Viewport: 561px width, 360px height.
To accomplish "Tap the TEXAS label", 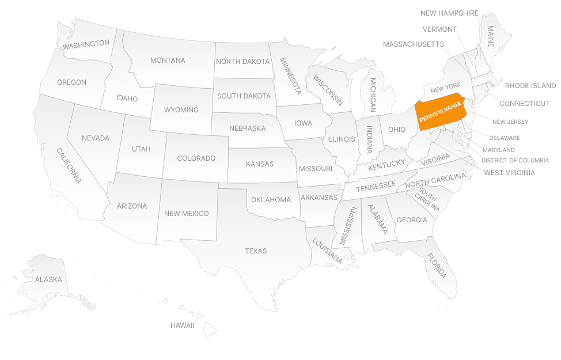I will pos(256,251).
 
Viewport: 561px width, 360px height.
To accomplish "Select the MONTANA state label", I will pos(168,60).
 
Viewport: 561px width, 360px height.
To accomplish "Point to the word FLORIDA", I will pos(437,266).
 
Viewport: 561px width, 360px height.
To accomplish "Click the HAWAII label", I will pos(182,325).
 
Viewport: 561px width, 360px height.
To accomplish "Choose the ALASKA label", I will pos(48,279).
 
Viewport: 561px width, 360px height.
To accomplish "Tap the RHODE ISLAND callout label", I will pos(530,86).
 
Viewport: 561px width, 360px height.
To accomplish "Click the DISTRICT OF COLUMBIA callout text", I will pos(515,161).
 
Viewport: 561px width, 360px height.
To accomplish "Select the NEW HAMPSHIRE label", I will pos(449,13).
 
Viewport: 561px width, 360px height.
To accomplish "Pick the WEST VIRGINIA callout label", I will pos(509,173).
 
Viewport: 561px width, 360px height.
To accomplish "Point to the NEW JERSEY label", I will pos(510,122).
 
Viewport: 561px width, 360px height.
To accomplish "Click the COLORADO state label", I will pos(196,158).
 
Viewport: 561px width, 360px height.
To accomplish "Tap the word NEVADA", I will pos(96,138).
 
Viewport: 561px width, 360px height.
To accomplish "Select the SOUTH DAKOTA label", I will pos(244,96).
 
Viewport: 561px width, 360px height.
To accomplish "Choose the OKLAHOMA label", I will pos(271,200).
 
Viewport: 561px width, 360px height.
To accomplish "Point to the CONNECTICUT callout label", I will pos(524,104).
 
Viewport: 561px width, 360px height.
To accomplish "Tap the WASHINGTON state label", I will pos(86,44).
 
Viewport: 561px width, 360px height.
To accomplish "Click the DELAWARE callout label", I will pos(505,138).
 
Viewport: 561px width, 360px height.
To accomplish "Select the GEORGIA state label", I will pos(412,220).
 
